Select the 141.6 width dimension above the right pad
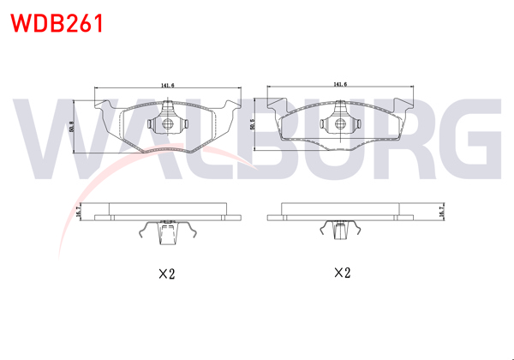point(340,85)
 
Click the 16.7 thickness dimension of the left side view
point(79,210)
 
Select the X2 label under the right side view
point(342,273)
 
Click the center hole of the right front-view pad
point(340,124)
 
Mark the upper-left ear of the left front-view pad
point(105,106)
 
